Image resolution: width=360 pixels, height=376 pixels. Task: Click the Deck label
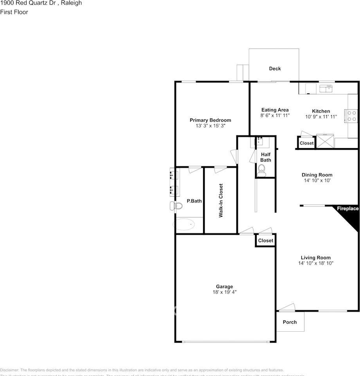pos(275,69)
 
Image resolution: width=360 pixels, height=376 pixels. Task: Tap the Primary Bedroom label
pos(210,120)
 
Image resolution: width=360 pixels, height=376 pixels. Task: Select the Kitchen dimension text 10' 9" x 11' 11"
pos(320,117)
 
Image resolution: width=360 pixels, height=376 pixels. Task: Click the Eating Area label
pos(275,110)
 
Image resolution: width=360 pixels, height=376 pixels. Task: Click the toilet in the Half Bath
pos(262,169)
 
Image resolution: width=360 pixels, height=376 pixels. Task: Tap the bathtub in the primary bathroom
pos(184,225)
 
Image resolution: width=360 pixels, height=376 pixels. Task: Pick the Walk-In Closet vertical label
pos(221,201)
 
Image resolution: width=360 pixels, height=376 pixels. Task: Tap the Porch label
pos(290,322)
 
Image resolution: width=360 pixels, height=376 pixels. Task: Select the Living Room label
pos(315,258)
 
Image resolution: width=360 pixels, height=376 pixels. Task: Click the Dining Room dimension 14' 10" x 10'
pos(317,181)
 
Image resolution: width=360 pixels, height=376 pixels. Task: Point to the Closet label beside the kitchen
pos(306,143)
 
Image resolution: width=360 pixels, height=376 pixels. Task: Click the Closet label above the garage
pos(266,240)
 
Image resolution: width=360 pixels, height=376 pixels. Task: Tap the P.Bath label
pos(194,201)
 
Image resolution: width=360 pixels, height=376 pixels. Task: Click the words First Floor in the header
pos(14,12)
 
